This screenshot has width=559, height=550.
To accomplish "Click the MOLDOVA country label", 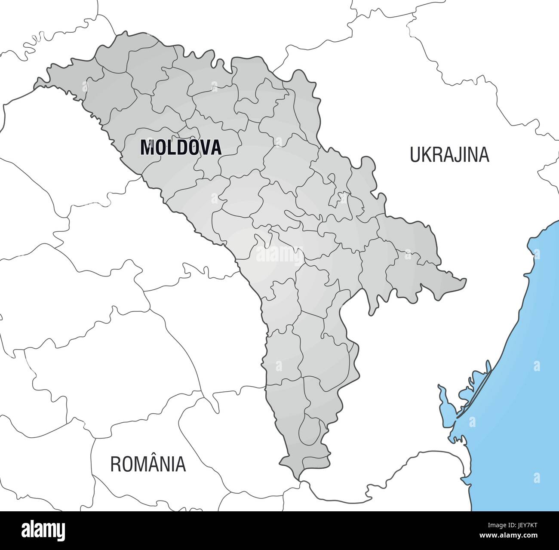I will pyautogui.click(x=181, y=147).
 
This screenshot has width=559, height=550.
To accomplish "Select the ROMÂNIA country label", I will pyautogui.click(x=148, y=464).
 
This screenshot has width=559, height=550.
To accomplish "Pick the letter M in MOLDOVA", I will pyautogui.click(x=147, y=147).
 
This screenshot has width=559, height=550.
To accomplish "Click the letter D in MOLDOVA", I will pyautogui.click(x=179, y=147).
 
